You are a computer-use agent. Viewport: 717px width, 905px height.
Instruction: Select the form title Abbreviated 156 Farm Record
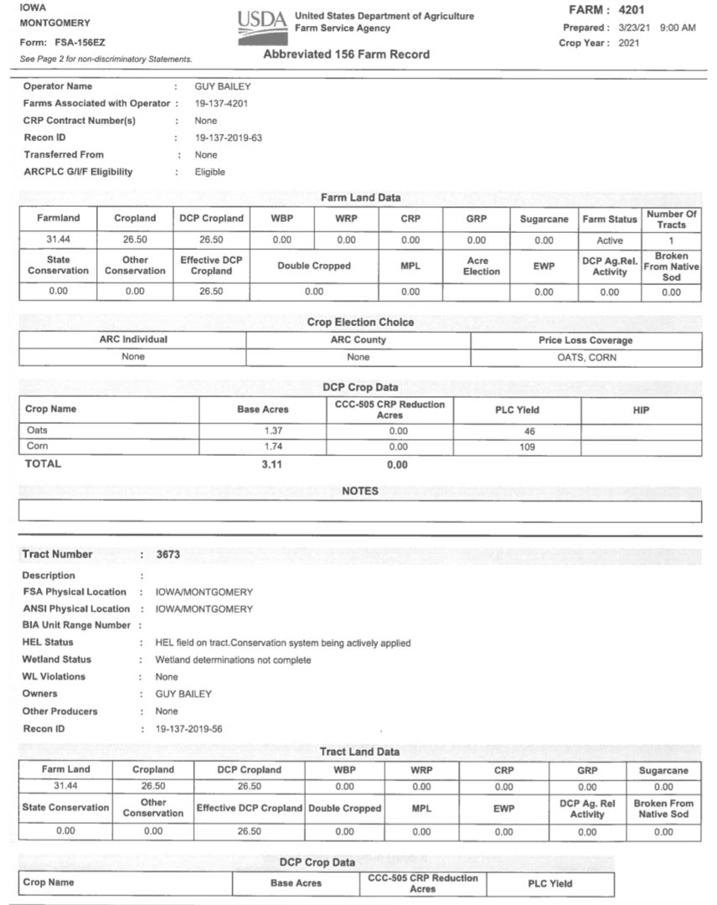coord(346,54)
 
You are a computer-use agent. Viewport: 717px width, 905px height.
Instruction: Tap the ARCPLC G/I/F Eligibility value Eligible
coord(210,172)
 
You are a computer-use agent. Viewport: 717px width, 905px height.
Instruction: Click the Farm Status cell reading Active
coord(609,240)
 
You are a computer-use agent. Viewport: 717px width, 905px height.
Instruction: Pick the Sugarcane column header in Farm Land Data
coord(544,219)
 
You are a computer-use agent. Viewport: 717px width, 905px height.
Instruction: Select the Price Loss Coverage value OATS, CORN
coord(585,357)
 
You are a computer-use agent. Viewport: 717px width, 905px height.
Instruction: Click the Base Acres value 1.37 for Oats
coord(263,431)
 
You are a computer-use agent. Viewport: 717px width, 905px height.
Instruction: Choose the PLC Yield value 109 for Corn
coord(516,447)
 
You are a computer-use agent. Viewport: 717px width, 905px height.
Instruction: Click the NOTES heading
coord(359,491)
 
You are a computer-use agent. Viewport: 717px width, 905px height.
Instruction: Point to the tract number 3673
coord(168,554)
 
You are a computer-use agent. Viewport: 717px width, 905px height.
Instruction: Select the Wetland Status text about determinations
coord(233,659)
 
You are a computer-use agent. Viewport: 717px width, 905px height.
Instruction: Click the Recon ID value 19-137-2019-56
coord(189,728)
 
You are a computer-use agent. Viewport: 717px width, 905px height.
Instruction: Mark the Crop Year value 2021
coord(628,43)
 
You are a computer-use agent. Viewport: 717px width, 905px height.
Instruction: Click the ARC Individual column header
coord(132,339)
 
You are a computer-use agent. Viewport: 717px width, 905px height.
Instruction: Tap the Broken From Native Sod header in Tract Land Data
coord(663,809)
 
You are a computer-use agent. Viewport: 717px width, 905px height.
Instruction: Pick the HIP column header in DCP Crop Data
coord(641,409)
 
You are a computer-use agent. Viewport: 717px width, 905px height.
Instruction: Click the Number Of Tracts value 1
coord(671,240)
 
